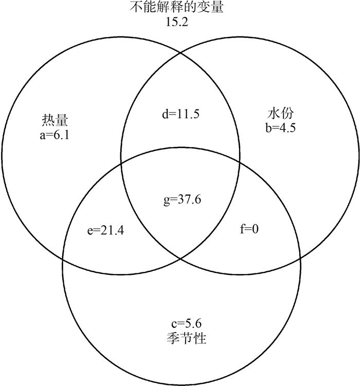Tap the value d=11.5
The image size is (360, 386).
(180, 113)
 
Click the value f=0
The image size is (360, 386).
(249, 229)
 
